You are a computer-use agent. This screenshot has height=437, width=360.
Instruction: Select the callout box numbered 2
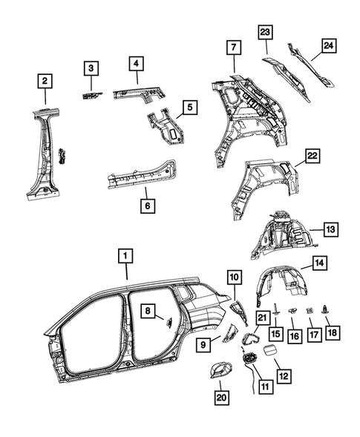coord(45,81)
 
